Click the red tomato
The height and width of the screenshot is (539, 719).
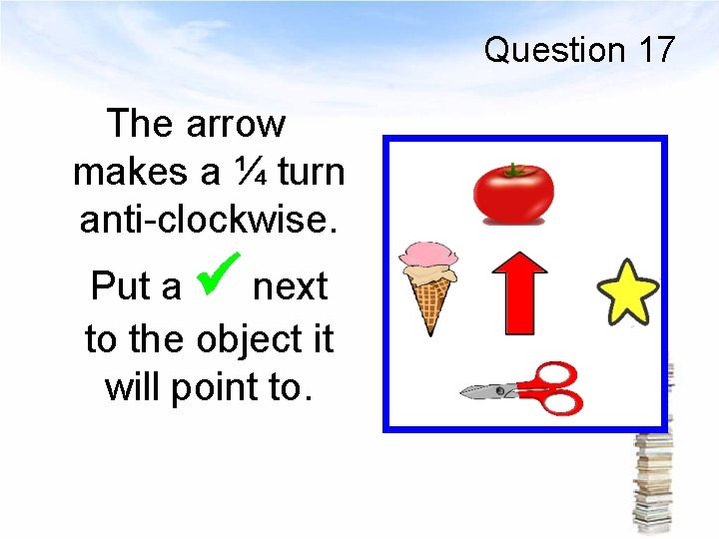coord(513,194)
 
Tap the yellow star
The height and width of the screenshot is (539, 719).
coord(628,291)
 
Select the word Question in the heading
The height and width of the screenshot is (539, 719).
coord(553,50)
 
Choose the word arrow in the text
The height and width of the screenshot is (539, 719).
coord(236,125)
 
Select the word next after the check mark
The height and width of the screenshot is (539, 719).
coord(290,286)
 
